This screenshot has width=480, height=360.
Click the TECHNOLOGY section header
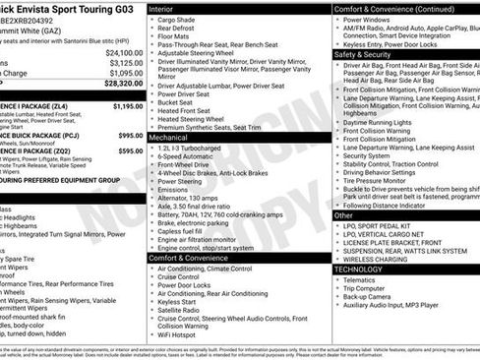[x=358, y=269]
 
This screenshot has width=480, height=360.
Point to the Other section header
[x=343, y=214]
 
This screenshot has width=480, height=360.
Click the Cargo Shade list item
[x=178, y=20]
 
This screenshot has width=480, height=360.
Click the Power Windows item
[x=368, y=20]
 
